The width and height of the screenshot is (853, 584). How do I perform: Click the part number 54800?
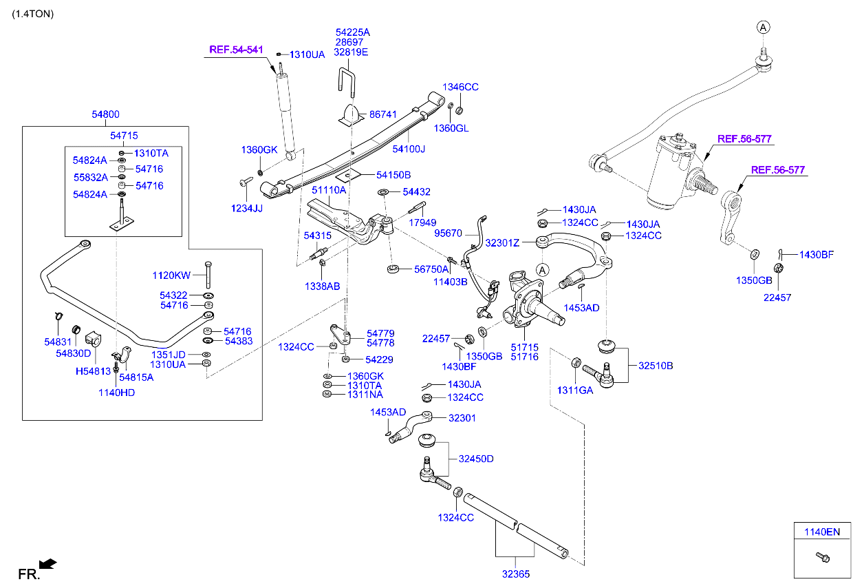click(x=106, y=115)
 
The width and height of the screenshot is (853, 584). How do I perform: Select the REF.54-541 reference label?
click(x=236, y=50)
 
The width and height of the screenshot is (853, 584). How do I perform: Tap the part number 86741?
click(x=383, y=114)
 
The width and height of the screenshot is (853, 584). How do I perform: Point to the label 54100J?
click(x=409, y=149)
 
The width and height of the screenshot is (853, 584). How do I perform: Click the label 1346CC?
click(x=460, y=87)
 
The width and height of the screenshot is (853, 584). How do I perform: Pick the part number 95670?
click(x=449, y=233)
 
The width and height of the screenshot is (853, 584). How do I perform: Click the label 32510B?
click(x=656, y=366)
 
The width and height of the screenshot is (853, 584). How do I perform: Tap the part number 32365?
click(x=516, y=573)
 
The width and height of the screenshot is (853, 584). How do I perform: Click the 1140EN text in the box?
click(x=821, y=532)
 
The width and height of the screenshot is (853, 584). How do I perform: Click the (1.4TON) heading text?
click(x=32, y=14)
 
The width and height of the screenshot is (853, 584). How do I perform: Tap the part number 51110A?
click(x=329, y=189)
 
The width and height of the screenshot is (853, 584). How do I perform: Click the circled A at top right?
click(x=763, y=27)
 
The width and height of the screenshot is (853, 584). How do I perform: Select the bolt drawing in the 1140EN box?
click(x=821, y=556)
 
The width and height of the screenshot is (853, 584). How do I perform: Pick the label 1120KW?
click(x=171, y=275)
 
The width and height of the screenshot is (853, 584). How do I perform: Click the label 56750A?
click(x=431, y=269)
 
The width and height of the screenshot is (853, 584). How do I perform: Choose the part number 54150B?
click(x=393, y=175)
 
